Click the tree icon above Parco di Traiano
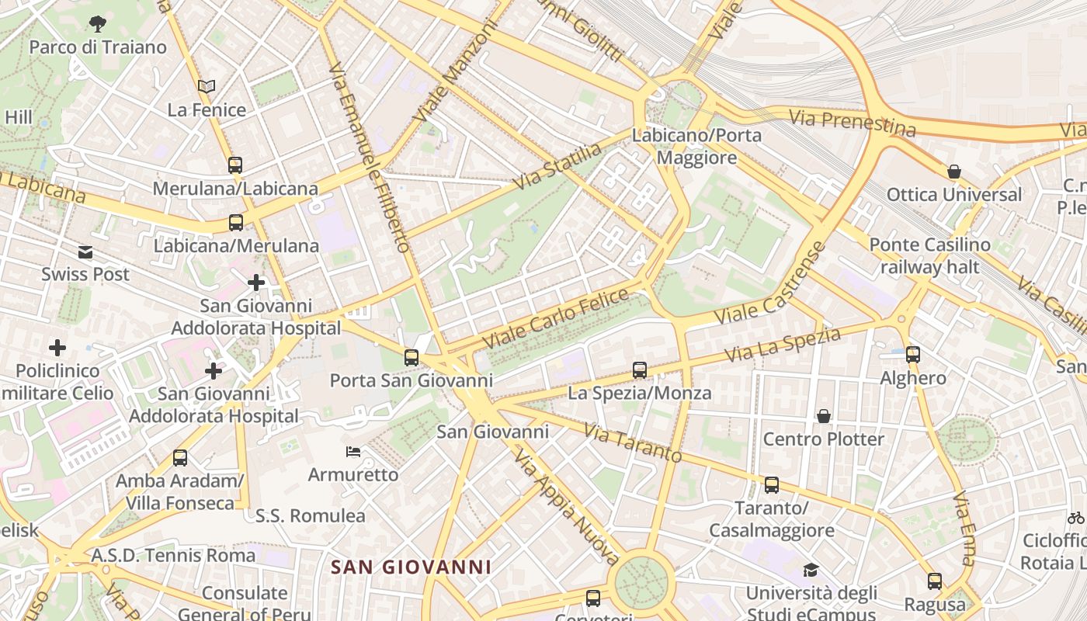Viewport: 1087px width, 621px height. point(98,24)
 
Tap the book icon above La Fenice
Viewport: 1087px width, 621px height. point(207,86)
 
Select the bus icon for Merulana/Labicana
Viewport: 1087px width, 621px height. point(235,165)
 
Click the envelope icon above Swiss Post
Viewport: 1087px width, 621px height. point(85,252)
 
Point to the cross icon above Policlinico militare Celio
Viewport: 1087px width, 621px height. point(57,348)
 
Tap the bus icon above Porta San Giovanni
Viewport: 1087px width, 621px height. point(412,358)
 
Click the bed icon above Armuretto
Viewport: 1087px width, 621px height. point(353,451)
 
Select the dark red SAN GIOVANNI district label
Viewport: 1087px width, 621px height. point(412,567)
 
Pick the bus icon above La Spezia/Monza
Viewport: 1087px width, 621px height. point(640,370)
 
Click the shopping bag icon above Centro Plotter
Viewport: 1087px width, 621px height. point(824,417)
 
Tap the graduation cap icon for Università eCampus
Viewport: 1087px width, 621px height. point(811,571)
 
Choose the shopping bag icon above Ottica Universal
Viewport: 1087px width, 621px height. point(954,172)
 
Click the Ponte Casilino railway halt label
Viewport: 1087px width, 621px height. point(929,256)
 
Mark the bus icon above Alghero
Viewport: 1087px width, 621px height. point(913,355)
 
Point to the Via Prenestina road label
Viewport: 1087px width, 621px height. point(853,123)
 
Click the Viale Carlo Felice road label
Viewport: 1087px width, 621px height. point(555,318)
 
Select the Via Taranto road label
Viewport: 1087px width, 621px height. point(632,442)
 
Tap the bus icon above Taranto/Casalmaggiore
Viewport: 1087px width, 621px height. point(772,485)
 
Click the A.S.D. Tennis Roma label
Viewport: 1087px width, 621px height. point(173,556)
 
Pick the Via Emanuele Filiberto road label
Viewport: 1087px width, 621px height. point(370,158)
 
